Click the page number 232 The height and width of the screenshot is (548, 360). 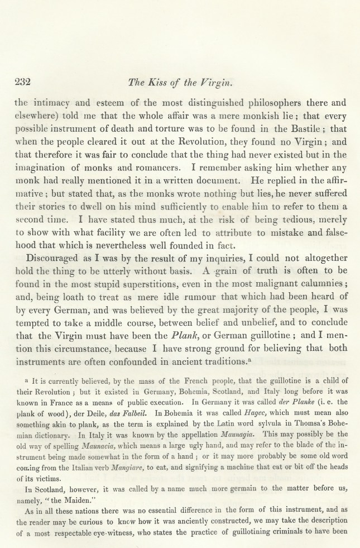pos(23,82)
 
